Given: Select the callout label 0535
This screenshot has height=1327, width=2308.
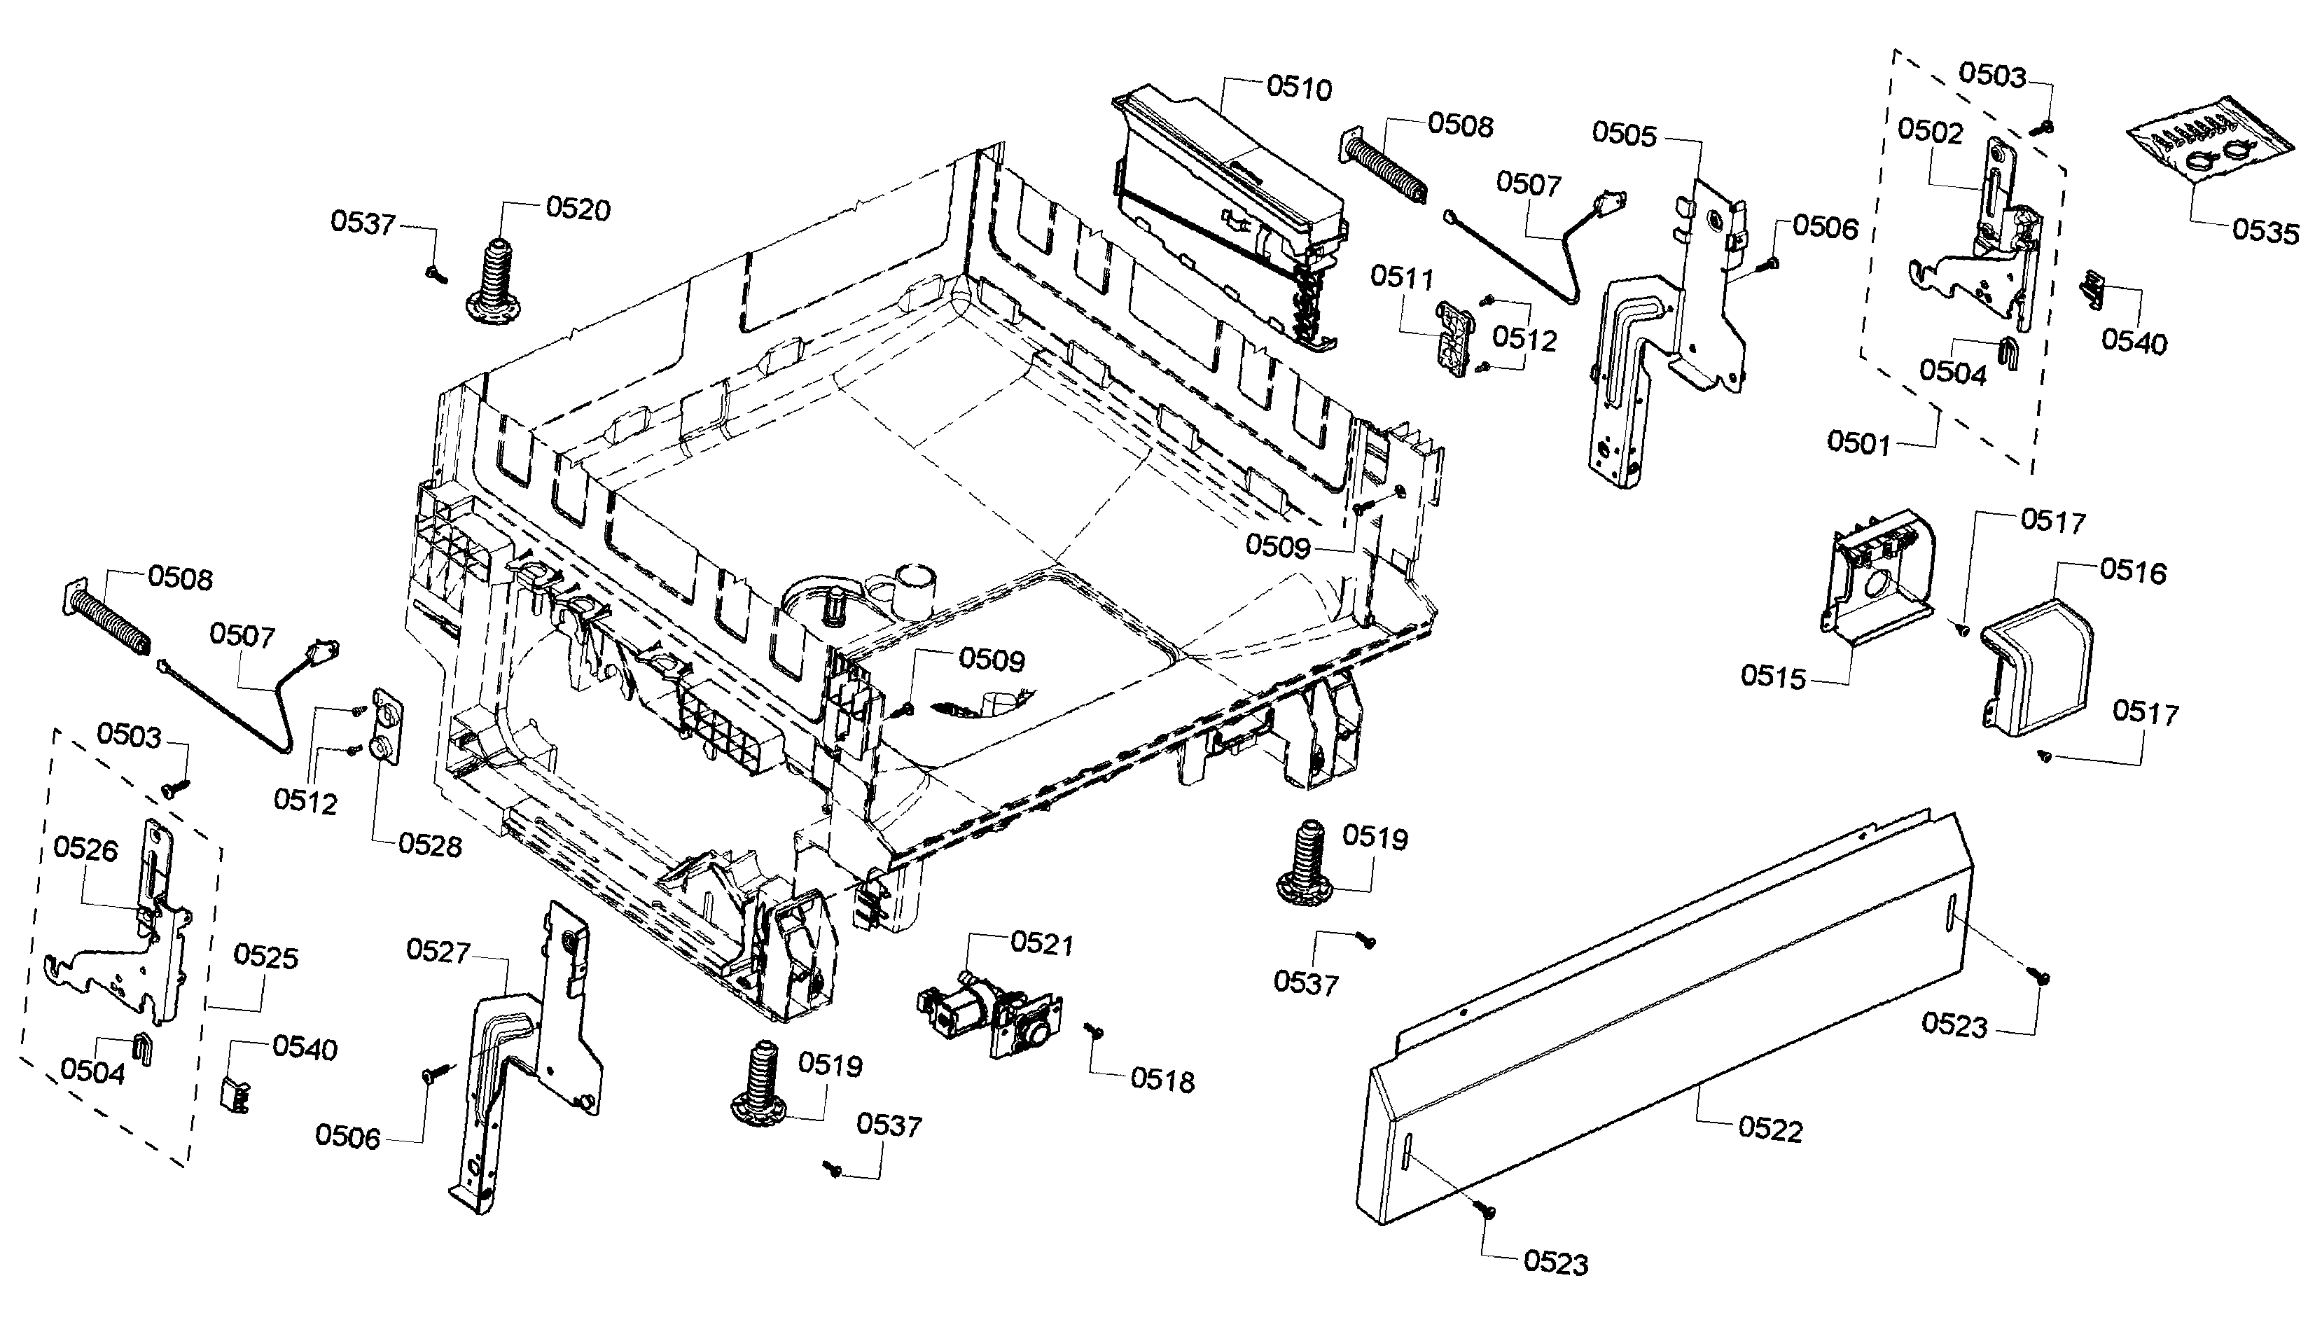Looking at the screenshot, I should point(2265,232).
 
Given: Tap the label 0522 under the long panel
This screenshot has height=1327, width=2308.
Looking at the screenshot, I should point(1770,1130).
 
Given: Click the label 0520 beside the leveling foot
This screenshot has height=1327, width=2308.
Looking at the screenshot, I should point(578,209).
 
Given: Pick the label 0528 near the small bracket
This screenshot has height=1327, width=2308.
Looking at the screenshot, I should point(430,846).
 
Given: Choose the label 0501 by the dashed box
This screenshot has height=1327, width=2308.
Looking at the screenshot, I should point(1858,444).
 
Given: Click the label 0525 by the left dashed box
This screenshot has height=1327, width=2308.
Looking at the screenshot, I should point(266,957).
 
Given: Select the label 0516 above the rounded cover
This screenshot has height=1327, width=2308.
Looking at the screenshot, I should point(2133,571).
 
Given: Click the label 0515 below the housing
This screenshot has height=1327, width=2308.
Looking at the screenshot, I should point(1772,677).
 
